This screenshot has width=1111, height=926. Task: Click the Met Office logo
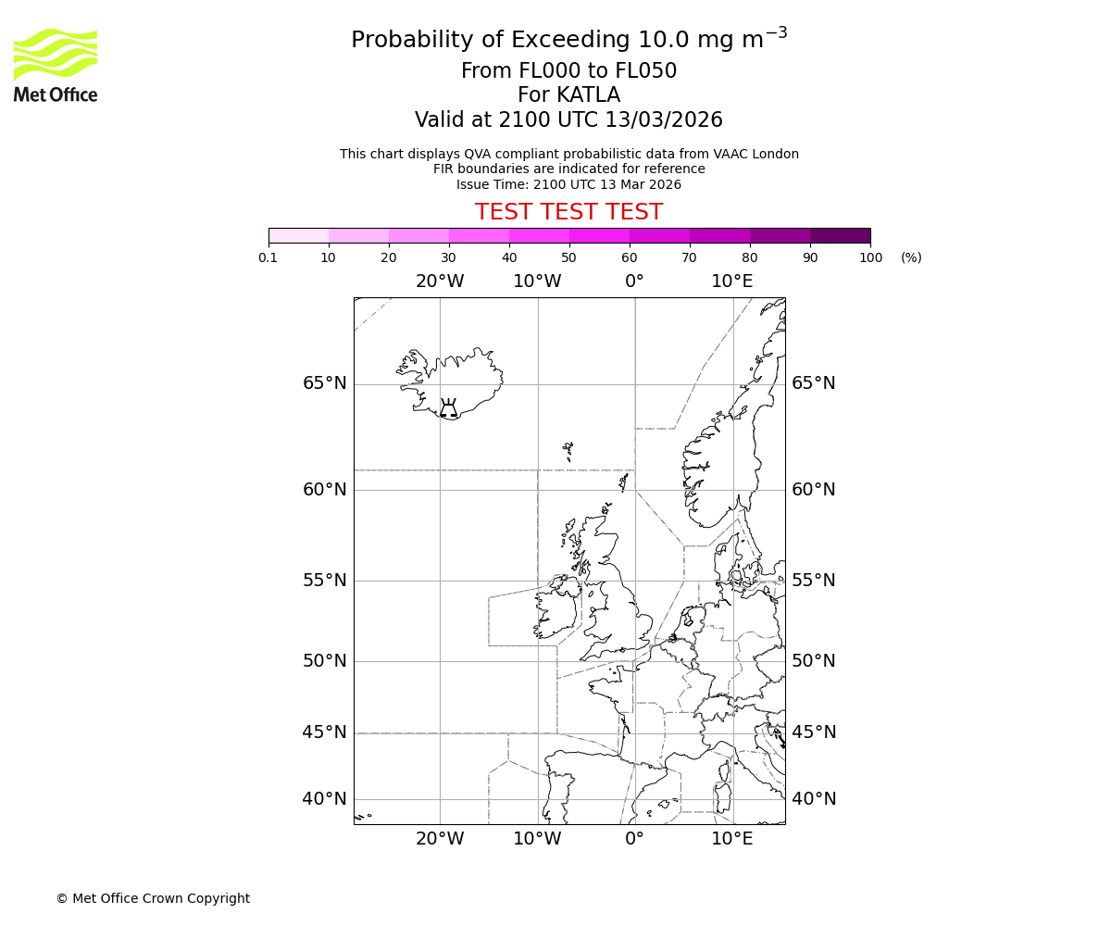[56, 65]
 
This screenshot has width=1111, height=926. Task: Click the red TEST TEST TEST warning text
[568, 213]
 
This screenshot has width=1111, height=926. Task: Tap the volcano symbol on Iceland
[448, 409]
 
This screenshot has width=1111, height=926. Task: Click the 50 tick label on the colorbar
[568, 257]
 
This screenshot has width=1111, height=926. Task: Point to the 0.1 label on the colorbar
[268, 257]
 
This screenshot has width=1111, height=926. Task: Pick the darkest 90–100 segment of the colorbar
[840, 235]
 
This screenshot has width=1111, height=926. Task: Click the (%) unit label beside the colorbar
[911, 257]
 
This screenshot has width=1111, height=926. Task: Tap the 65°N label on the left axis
[324, 383]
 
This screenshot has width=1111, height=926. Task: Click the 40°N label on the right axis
[813, 799]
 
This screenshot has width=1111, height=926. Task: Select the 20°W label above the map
[439, 281]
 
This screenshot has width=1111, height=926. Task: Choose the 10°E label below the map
[731, 839]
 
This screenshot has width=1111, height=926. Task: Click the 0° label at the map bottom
[634, 839]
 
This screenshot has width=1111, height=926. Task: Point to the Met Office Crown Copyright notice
[153, 898]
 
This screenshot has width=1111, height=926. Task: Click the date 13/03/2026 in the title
[664, 120]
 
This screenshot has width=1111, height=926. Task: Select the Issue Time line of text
[568, 184]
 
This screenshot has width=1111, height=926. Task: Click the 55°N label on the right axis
[813, 581]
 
